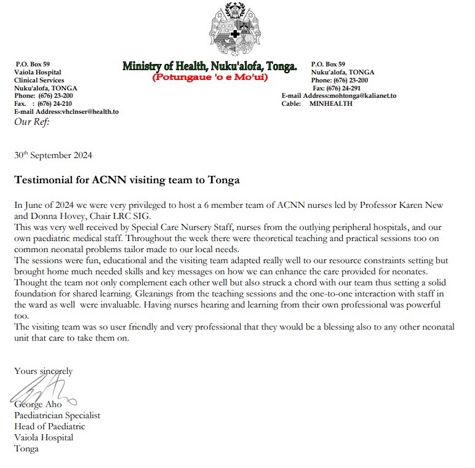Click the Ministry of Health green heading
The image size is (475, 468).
point(209,66)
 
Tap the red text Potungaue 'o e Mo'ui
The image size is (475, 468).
point(210,78)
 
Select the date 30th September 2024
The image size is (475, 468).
point(53,156)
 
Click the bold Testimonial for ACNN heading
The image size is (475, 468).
point(127,181)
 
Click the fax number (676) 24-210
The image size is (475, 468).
point(55,104)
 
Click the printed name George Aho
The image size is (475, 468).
point(37,405)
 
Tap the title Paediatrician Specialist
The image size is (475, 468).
point(57,415)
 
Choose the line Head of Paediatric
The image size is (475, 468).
point(50,426)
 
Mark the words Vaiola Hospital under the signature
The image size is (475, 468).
point(44,437)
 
